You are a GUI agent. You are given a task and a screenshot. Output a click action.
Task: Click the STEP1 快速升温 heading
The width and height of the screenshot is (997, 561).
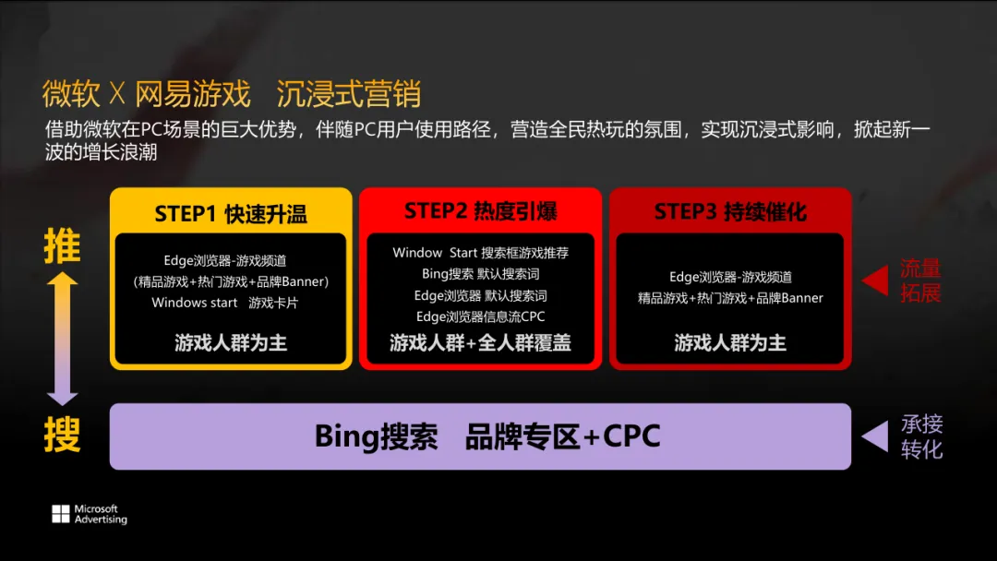pyautogui.click(x=231, y=214)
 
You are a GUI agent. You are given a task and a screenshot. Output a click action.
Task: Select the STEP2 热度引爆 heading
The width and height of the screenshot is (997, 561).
pyautogui.click(x=480, y=211)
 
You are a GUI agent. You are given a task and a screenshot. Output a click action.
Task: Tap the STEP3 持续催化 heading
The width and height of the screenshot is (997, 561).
pyautogui.click(x=730, y=212)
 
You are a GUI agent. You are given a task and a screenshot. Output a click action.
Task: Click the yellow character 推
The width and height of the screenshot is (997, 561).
pyautogui.click(x=62, y=247)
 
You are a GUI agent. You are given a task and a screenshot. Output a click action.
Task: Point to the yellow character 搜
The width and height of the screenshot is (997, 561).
pyautogui.click(x=62, y=435)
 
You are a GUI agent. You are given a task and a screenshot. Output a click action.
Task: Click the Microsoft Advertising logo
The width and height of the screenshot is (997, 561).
pyautogui.click(x=89, y=515)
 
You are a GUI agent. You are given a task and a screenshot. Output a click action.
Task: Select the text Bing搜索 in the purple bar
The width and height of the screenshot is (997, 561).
pyautogui.click(x=376, y=436)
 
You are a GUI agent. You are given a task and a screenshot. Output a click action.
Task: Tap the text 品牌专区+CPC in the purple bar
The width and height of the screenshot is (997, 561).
pyautogui.click(x=563, y=436)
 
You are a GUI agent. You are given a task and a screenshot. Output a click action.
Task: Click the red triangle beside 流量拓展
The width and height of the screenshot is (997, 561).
pyautogui.click(x=874, y=280)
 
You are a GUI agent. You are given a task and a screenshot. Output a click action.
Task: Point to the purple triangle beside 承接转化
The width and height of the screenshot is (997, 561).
pyautogui.click(x=874, y=437)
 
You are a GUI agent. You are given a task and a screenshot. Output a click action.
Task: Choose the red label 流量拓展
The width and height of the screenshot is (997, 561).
pyautogui.click(x=920, y=280)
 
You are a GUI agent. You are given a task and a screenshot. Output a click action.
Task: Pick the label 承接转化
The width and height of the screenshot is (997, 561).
pyautogui.click(x=921, y=436)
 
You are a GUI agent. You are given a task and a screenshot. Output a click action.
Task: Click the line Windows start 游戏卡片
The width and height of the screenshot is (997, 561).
pyautogui.click(x=225, y=303)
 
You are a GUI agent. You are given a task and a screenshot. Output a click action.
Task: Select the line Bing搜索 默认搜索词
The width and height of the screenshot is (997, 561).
pyautogui.click(x=480, y=274)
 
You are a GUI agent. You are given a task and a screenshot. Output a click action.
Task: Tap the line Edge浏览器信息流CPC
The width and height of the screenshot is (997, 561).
pyautogui.click(x=480, y=316)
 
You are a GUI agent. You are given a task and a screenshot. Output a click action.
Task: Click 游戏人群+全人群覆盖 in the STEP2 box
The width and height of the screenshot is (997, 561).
pyautogui.click(x=480, y=343)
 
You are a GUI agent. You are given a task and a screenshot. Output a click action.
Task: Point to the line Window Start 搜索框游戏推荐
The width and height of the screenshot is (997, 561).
pyautogui.click(x=480, y=253)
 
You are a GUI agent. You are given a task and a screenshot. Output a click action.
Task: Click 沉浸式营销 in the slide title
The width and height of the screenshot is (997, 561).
pyautogui.click(x=349, y=94)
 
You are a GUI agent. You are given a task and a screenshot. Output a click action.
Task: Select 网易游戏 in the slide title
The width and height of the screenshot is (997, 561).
pyautogui.click(x=193, y=94)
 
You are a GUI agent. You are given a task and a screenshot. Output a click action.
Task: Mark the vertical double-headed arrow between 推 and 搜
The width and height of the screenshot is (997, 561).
pyautogui.click(x=62, y=339)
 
